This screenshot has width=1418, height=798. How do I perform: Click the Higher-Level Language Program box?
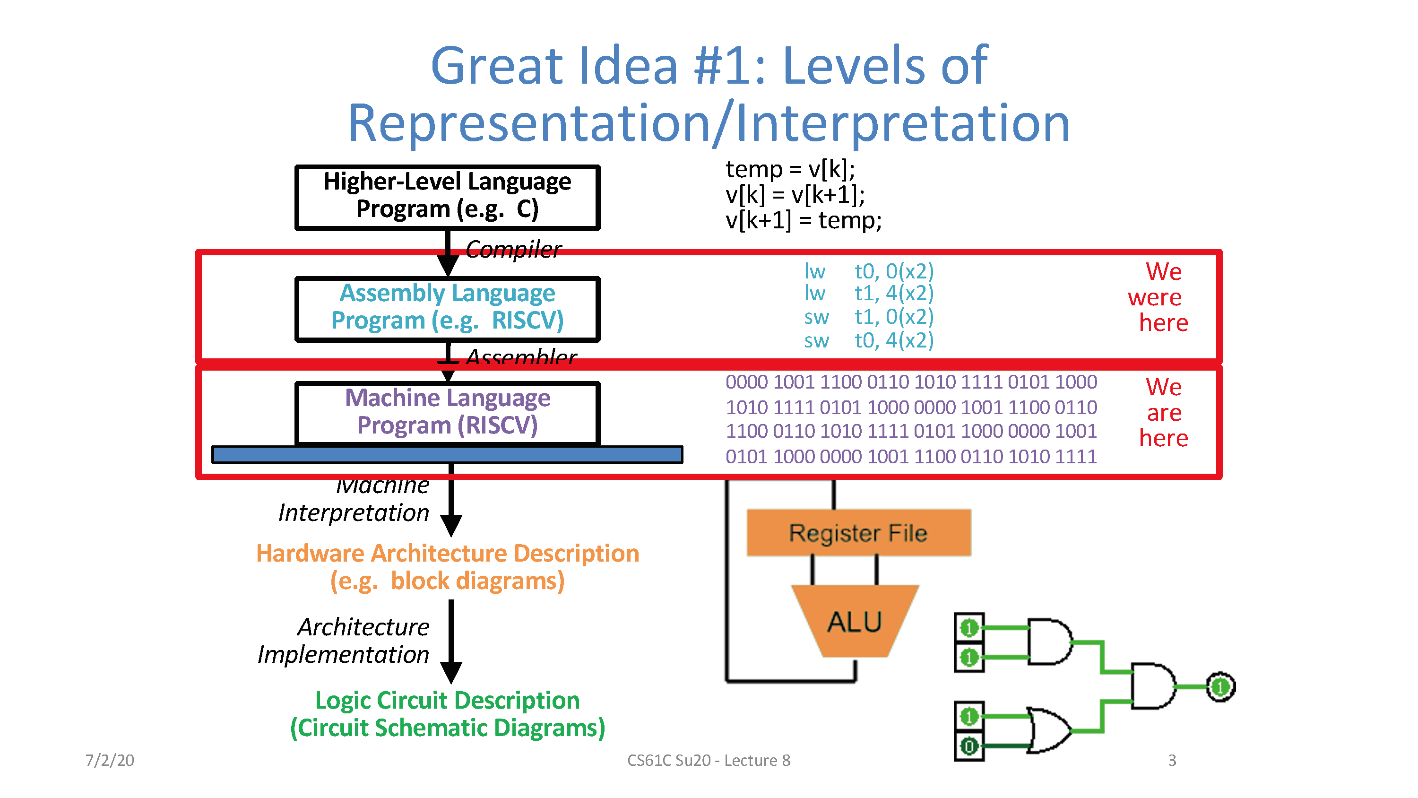coord(447,197)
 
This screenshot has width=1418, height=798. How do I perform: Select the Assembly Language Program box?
coord(447,308)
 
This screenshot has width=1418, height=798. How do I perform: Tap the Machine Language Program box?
coord(447,412)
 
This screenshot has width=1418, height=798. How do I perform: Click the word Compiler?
coord(513,250)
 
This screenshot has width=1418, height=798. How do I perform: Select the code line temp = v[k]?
coord(790,169)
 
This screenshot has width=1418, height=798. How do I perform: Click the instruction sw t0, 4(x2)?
coord(869,340)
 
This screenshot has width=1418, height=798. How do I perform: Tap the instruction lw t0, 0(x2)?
coord(869,271)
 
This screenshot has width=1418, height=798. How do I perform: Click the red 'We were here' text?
coord(1161,297)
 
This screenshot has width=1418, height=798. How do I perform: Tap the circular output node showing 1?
coord(1220,686)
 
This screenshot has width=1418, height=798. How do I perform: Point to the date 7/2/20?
coord(110,760)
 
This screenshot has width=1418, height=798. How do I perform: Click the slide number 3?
coord(1171,760)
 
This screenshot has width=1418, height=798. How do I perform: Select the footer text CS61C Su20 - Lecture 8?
coord(709,760)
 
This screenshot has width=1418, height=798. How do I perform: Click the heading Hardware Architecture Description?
coord(447,554)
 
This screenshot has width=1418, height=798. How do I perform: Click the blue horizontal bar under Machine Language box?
coord(447,454)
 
